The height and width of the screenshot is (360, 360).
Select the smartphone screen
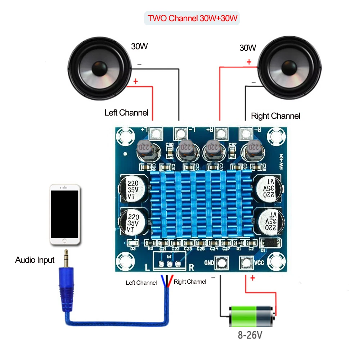point(64,214)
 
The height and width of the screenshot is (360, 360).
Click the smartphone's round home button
point(64,242)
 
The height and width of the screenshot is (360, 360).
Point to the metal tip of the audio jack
point(66,256)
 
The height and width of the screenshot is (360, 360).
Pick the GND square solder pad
point(219,263)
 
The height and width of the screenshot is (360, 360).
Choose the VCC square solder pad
point(246,263)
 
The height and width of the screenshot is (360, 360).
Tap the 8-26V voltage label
point(250,336)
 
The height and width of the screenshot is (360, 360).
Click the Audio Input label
point(35,260)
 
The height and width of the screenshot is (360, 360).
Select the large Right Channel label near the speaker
point(275,116)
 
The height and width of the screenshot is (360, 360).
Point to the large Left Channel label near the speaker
point(126,113)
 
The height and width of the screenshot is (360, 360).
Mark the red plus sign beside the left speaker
point(136,81)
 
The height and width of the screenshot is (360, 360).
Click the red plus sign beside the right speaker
point(249,62)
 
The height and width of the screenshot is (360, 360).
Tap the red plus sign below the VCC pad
point(252,278)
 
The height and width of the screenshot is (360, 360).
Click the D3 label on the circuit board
point(133,248)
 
